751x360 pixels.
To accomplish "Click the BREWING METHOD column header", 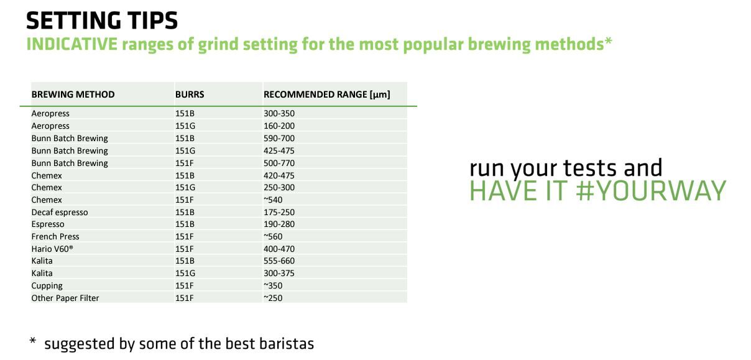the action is tap(73, 95).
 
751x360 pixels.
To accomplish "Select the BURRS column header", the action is tap(190, 95).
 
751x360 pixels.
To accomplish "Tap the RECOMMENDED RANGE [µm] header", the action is tap(327, 95).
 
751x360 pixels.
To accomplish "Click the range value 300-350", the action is tap(279, 113).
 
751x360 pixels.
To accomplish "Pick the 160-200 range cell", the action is tap(279, 126).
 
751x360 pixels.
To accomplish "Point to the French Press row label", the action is tap(55, 236).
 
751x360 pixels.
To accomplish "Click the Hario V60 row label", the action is tap(52, 249).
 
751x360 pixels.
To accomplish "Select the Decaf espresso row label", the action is tap(60, 212).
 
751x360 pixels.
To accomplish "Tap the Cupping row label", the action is tap(47, 285).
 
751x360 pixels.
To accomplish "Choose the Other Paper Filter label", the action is tap(65, 298).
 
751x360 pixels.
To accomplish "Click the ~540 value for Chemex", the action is tap(273, 200).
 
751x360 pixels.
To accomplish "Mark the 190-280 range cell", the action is tap(279, 224).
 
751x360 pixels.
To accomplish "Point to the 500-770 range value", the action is tap(279, 163).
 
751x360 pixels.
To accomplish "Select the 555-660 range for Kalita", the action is tap(279, 261).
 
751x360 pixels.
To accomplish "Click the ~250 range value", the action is tap(273, 298).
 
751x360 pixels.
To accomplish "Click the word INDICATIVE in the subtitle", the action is tap(72, 44).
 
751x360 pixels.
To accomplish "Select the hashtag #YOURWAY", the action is tap(651, 191).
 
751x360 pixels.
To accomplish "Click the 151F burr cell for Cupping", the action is tap(185, 285).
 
